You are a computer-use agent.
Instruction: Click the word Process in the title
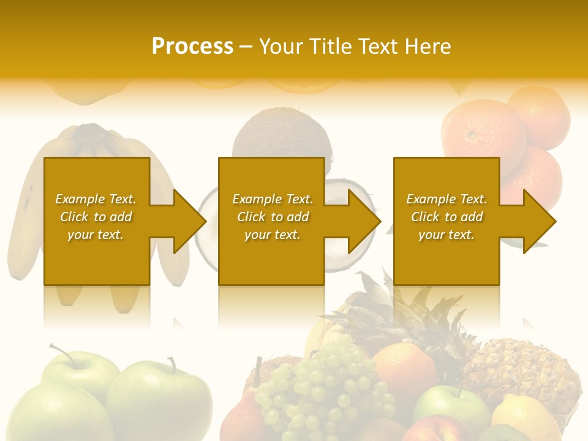(192, 47)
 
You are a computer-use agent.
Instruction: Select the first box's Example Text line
(96, 199)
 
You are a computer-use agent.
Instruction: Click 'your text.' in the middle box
(272, 235)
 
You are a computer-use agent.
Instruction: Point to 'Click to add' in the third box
(447, 217)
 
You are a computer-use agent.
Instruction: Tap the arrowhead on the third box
(538, 221)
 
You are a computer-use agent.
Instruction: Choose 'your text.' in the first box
(96, 235)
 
